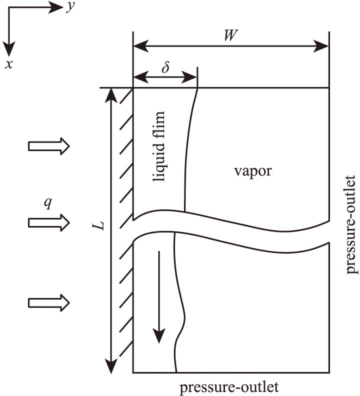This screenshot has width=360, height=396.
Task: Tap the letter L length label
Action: coord(101,226)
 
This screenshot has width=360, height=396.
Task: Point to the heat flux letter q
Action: coord(47,205)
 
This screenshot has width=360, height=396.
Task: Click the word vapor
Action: coord(252,171)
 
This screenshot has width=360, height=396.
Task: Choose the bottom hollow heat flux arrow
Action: coord(49,302)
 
